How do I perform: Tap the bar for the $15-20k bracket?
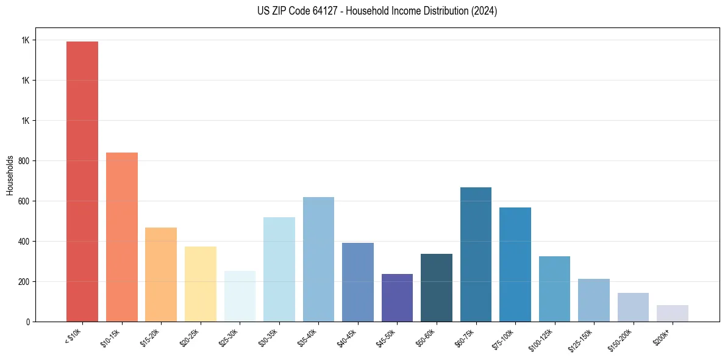[x=161, y=275]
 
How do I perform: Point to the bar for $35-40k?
[x=318, y=259]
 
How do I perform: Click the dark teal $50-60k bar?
[x=437, y=287]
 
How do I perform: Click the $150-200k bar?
[x=633, y=307]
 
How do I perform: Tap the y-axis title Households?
[x=10, y=175]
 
